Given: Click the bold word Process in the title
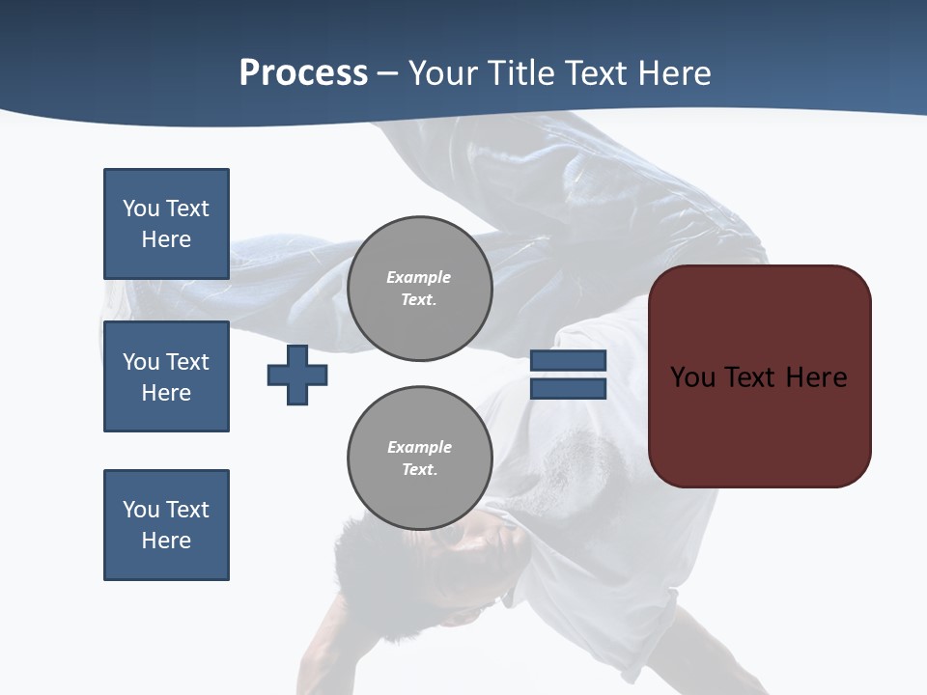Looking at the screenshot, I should [x=303, y=73].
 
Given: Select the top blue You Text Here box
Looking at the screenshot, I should [x=166, y=224].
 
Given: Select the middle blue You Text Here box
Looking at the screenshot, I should [x=166, y=376].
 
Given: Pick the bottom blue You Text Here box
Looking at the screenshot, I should [x=166, y=525].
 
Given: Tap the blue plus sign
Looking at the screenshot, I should [x=297, y=375].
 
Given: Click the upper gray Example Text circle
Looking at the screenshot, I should [x=419, y=289].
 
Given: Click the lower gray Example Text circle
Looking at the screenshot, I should [x=419, y=459].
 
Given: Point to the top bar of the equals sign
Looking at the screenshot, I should [x=568, y=361].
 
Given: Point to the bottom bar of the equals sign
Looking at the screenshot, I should [x=568, y=389].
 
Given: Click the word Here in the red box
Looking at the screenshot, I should [x=816, y=377].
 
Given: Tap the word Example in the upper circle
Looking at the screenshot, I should [x=419, y=277].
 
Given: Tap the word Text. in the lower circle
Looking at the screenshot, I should [x=419, y=470].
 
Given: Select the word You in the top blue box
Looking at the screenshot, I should [x=140, y=208].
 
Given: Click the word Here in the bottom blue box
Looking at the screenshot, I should [x=166, y=541].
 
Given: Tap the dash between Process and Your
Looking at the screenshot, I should [x=388, y=74].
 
